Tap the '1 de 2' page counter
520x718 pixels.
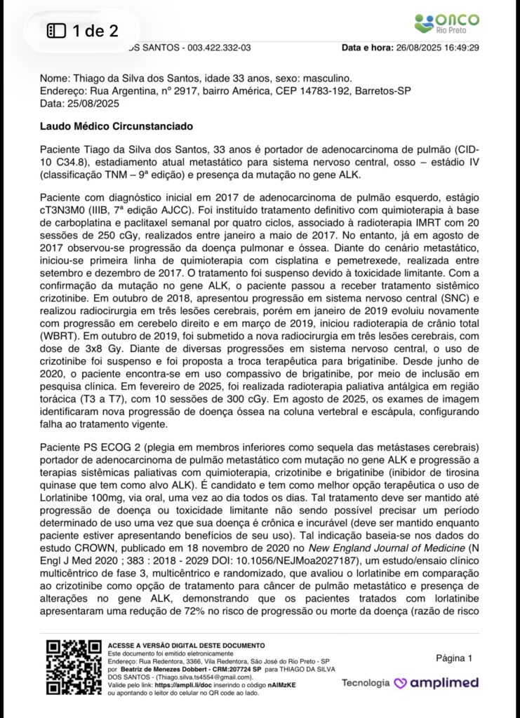(x=82, y=30)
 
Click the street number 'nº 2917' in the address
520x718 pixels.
(x=166, y=91)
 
